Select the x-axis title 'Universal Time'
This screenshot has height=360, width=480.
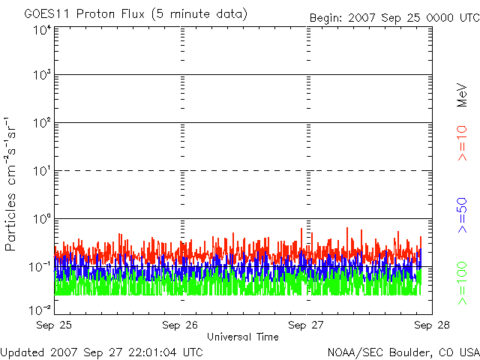point(242,337)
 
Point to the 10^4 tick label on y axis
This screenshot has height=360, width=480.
point(42,29)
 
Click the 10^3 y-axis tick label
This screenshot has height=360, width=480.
point(42,76)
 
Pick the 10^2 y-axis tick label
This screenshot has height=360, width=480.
point(42,123)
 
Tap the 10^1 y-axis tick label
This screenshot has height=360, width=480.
point(42,171)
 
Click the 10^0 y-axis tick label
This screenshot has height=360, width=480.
point(42,219)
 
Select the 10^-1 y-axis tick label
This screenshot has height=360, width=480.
point(40,266)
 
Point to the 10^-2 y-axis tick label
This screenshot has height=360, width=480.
point(40,309)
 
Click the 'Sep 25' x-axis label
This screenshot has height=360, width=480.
point(55,325)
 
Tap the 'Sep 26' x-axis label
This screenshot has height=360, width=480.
point(181,325)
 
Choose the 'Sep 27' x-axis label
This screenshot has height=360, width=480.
point(307,325)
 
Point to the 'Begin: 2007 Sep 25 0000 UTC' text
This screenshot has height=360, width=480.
point(394,17)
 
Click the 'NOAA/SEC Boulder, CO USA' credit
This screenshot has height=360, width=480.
point(403,352)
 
